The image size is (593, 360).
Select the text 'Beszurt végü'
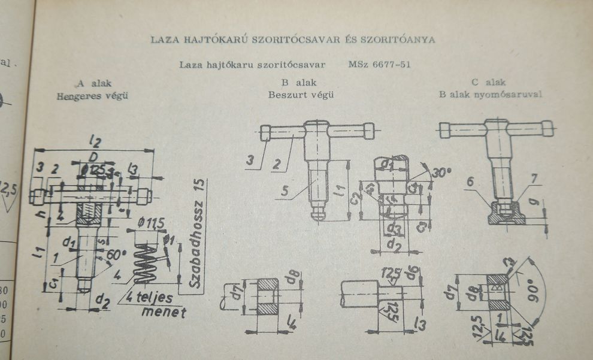pyautogui.click(x=301, y=95)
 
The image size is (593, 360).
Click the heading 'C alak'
pyautogui.click(x=489, y=82)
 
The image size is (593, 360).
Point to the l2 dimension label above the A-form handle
pyautogui.click(x=92, y=141)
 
